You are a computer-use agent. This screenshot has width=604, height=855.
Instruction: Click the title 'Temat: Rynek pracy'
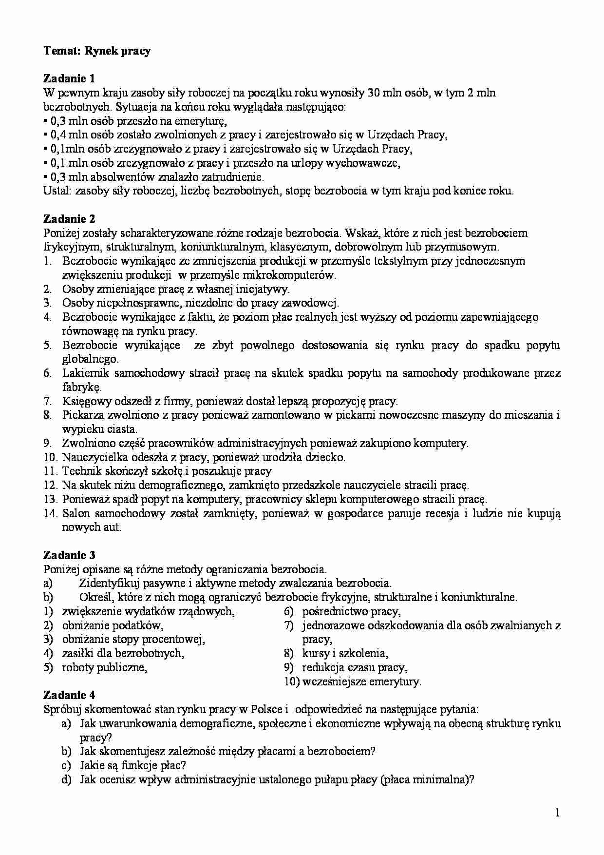(97, 51)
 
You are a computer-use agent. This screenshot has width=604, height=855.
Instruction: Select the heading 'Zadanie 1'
(69, 78)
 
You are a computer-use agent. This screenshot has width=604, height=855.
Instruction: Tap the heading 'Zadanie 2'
(69, 219)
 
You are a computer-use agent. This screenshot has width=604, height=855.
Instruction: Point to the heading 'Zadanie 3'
(69, 555)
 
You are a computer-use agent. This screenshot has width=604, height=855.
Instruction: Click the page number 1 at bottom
(557, 812)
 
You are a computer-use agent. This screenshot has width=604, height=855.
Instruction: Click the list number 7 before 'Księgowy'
(48, 402)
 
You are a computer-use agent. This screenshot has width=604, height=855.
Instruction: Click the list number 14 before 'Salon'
(51, 514)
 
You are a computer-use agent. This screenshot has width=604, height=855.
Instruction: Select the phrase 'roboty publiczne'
(104, 667)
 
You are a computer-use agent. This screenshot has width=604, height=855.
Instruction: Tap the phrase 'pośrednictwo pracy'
(351, 611)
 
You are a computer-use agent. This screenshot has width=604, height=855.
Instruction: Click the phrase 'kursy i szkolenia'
(344, 653)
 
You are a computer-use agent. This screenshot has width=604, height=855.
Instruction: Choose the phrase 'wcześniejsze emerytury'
(361, 681)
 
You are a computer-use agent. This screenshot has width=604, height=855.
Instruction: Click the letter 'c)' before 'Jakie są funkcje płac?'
(67, 765)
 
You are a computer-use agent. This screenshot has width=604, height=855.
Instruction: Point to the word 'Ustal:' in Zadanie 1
(57, 191)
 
